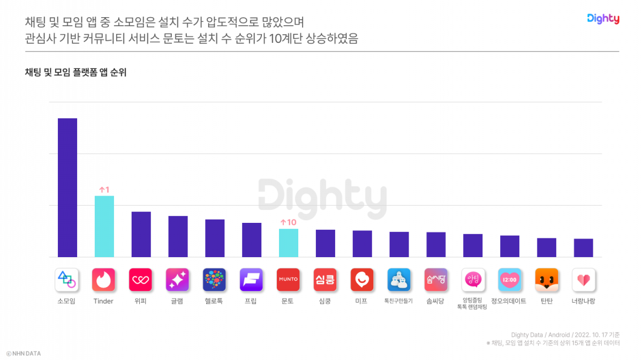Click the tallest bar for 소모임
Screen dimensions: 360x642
(67, 187)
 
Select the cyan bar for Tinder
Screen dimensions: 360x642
(104, 226)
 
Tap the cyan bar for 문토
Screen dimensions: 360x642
(289, 243)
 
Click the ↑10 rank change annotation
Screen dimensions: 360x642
(288, 222)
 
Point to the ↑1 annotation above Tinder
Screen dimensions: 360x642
(104, 190)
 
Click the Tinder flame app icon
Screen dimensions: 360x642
(104, 280)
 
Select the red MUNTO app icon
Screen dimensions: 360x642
(288, 280)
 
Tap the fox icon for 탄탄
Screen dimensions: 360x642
(547, 280)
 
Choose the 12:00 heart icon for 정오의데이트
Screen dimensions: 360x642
(510, 280)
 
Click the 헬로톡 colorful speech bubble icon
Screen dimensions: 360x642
(214, 280)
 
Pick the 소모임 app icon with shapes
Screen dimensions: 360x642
(67, 280)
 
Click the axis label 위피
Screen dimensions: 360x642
(141, 301)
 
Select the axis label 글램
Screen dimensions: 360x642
(177, 301)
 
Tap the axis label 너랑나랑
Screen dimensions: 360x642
(584, 301)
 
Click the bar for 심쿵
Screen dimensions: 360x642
(326, 243)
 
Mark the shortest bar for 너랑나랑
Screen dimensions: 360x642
(584, 247)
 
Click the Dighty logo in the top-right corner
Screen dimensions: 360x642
(603, 19)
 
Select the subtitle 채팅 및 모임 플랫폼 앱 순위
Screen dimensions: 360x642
(75, 73)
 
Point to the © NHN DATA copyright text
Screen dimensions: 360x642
(24, 354)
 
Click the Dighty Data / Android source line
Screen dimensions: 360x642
(565, 335)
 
